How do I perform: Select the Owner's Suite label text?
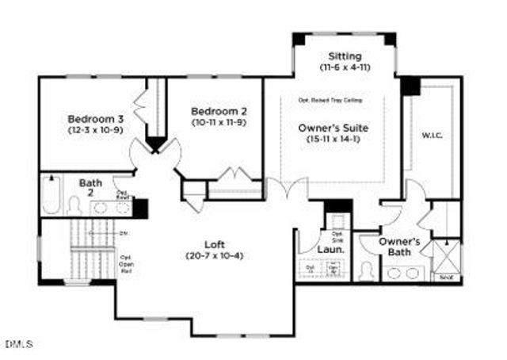(x=334, y=127)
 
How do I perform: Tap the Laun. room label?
(x=330, y=249)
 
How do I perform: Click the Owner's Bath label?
(x=398, y=247)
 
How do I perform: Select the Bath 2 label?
(x=90, y=188)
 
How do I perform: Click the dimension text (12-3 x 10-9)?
(x=93, y=130)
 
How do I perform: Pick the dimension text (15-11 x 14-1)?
(x=334, y=139)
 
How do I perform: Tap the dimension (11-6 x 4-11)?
(x=345, y=68)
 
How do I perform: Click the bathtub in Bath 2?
(x=51, y=195)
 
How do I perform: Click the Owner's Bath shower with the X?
(x=446, y=257)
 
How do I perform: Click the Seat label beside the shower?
(x=446, y=278)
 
